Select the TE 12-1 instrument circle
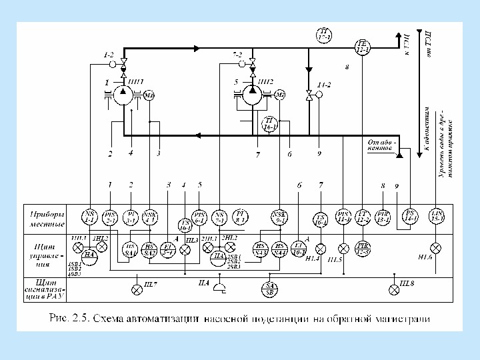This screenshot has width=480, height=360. (x=363, y=45)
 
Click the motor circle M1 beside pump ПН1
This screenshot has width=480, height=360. (x=149, y=95)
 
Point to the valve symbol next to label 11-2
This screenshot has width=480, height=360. (x=309, y=95)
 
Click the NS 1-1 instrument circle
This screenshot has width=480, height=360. (x=89, y=216)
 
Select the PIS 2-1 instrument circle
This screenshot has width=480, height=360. (x=111, y=216)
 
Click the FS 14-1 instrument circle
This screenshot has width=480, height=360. (x=410, y=216)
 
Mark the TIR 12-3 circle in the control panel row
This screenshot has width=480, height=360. (x=364, y=249)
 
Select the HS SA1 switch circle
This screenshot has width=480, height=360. (x=131, y=249)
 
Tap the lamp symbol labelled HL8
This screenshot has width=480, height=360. (x=393, y=289)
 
